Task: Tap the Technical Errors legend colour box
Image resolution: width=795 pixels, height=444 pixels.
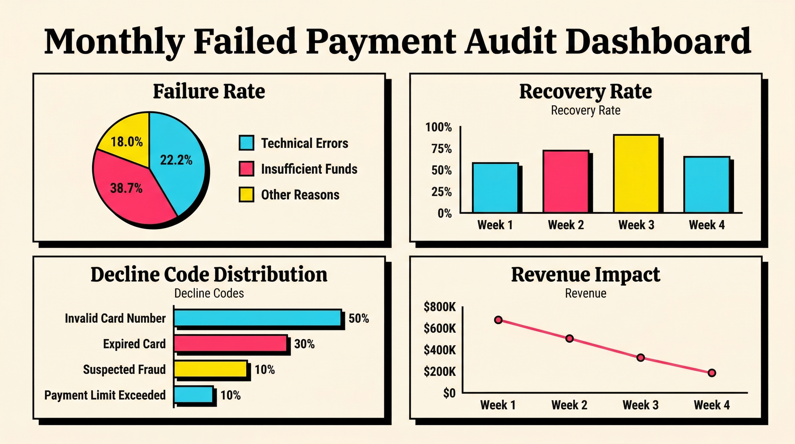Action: pyautogui.click(x=246, y=143)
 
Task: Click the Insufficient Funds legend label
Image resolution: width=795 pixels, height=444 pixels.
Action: pyautogui.click(x=309, y=169)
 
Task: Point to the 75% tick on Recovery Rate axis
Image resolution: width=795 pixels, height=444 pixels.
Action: pyautogui.click(x=441, y=149)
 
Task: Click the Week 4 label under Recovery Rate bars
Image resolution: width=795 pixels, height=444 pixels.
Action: pyautogui.click(x=706, y=225)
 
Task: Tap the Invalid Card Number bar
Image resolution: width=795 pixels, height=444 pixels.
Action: pyautogui.click(x=257, y=318)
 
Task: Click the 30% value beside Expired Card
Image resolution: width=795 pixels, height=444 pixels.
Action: pyautogui.click(x=304, y=344)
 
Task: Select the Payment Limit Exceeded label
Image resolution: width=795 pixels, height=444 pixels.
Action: pyautogui.click(x=105, y=395)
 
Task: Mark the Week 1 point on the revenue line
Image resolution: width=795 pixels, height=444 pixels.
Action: pyautogui.click(x=498, y=320)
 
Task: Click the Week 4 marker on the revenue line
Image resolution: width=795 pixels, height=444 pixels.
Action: pyautogui.click(x=712, y=373)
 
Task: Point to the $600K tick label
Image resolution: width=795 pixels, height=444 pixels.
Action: pyautogui.click(x=439, y=329)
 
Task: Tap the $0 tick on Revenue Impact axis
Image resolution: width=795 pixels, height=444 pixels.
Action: pyautogui.click(x=449, y=393)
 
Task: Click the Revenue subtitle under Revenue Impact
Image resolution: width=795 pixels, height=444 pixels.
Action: pyautogui.click(x=586, y=293)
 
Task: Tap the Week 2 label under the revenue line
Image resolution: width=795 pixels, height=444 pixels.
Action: pyautogui.click(x=569, y=405)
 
